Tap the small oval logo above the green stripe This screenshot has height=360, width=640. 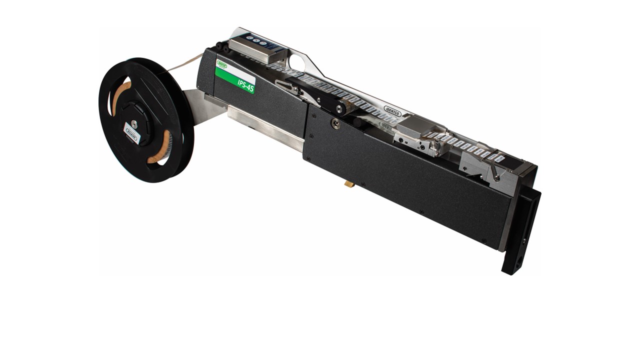coord(222,64)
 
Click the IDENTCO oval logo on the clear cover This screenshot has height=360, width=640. coord(392,110)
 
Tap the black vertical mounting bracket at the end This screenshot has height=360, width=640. coord(521,230)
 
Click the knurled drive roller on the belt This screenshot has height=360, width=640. coord(340,107)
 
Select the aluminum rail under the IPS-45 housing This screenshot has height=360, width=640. coord(265,128)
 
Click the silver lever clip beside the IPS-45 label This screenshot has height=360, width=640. coord(288,87)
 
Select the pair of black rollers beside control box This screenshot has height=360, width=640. coord(223,49)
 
